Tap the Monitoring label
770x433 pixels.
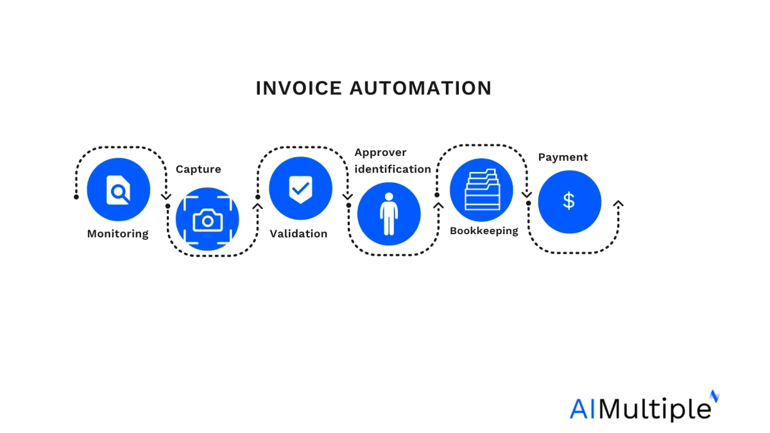click(x=117, y=233)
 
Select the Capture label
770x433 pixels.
click(x=198, y=169)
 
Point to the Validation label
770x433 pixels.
click(x=298, y=233)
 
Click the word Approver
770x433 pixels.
click(x=381, y=153)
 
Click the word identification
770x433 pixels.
click(x=393, y=169)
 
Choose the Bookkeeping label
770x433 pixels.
click(x=484, y=230)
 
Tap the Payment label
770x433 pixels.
click(x=563, y=157)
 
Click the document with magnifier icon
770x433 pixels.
click(x=118, y=190)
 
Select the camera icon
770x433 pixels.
click(x=207, y=220)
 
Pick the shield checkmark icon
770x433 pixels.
click(x=300, y=189)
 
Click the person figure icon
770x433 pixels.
click(x=389, y=214)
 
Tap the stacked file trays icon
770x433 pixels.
click(x=481, y=190)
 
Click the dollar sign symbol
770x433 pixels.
click(x=569, y=201)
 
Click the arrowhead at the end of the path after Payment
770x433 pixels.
click(x=618, y=203)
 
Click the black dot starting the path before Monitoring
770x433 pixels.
click(x=76, y=196)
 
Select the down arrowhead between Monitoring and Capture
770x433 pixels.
click(x=166, y=196)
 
